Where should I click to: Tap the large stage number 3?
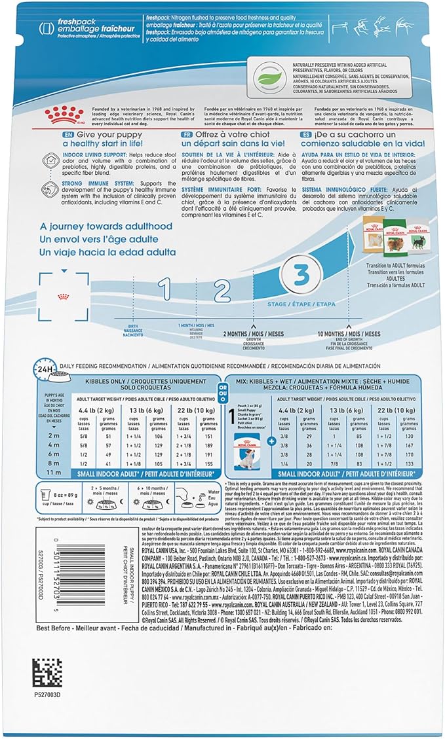pos(301,274)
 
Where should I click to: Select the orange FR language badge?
pos(187,134)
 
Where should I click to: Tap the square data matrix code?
pos(47,673)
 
